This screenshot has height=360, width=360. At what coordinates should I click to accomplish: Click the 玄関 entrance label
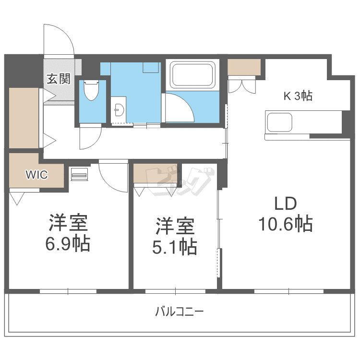click(x=59, y=78)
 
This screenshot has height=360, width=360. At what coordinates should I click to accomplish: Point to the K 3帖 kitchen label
click(x=298, y=96)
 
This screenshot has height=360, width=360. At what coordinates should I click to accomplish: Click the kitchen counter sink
click(x=279, y=122)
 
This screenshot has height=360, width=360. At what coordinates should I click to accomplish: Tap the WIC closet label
click(x=36, y=175)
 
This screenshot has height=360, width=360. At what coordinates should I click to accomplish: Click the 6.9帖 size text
click(x=68, y=244)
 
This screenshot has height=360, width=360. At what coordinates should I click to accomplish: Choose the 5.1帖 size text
click(x=175, y=247)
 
